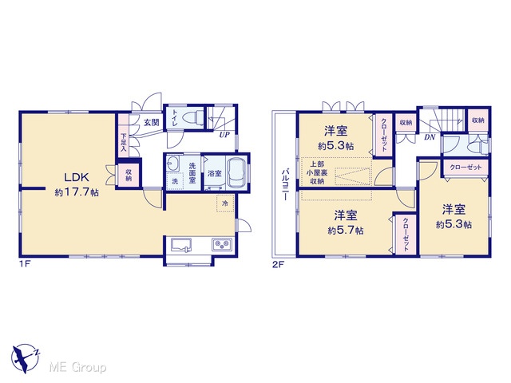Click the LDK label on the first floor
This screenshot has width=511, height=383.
point(77,177)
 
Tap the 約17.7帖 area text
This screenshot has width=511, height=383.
point(77,192)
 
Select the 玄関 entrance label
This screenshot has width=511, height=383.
point(152,122)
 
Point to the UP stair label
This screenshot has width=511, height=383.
point(224,135)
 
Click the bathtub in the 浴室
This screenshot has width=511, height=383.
point(237,172)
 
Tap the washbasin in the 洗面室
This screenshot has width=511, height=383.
point(172,163)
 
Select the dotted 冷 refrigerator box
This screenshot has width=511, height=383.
point(225,203)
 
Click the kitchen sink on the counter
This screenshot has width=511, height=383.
point(181,245)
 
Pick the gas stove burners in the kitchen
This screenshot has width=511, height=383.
point(222,244)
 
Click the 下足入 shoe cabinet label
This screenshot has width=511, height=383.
point(124,142)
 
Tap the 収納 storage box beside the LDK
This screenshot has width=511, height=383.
point(129,175)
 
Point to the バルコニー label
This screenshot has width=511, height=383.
point(285,184)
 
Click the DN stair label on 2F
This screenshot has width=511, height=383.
point(430,137)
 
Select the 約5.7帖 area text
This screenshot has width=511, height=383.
point(346,231)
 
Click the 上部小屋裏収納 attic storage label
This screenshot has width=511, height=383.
point(317,172)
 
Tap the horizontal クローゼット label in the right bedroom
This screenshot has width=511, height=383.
point(465,168)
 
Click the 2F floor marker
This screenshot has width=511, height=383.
point(278,264)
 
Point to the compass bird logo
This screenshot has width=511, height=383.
point(26,357)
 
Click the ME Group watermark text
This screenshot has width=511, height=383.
point(78,367)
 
